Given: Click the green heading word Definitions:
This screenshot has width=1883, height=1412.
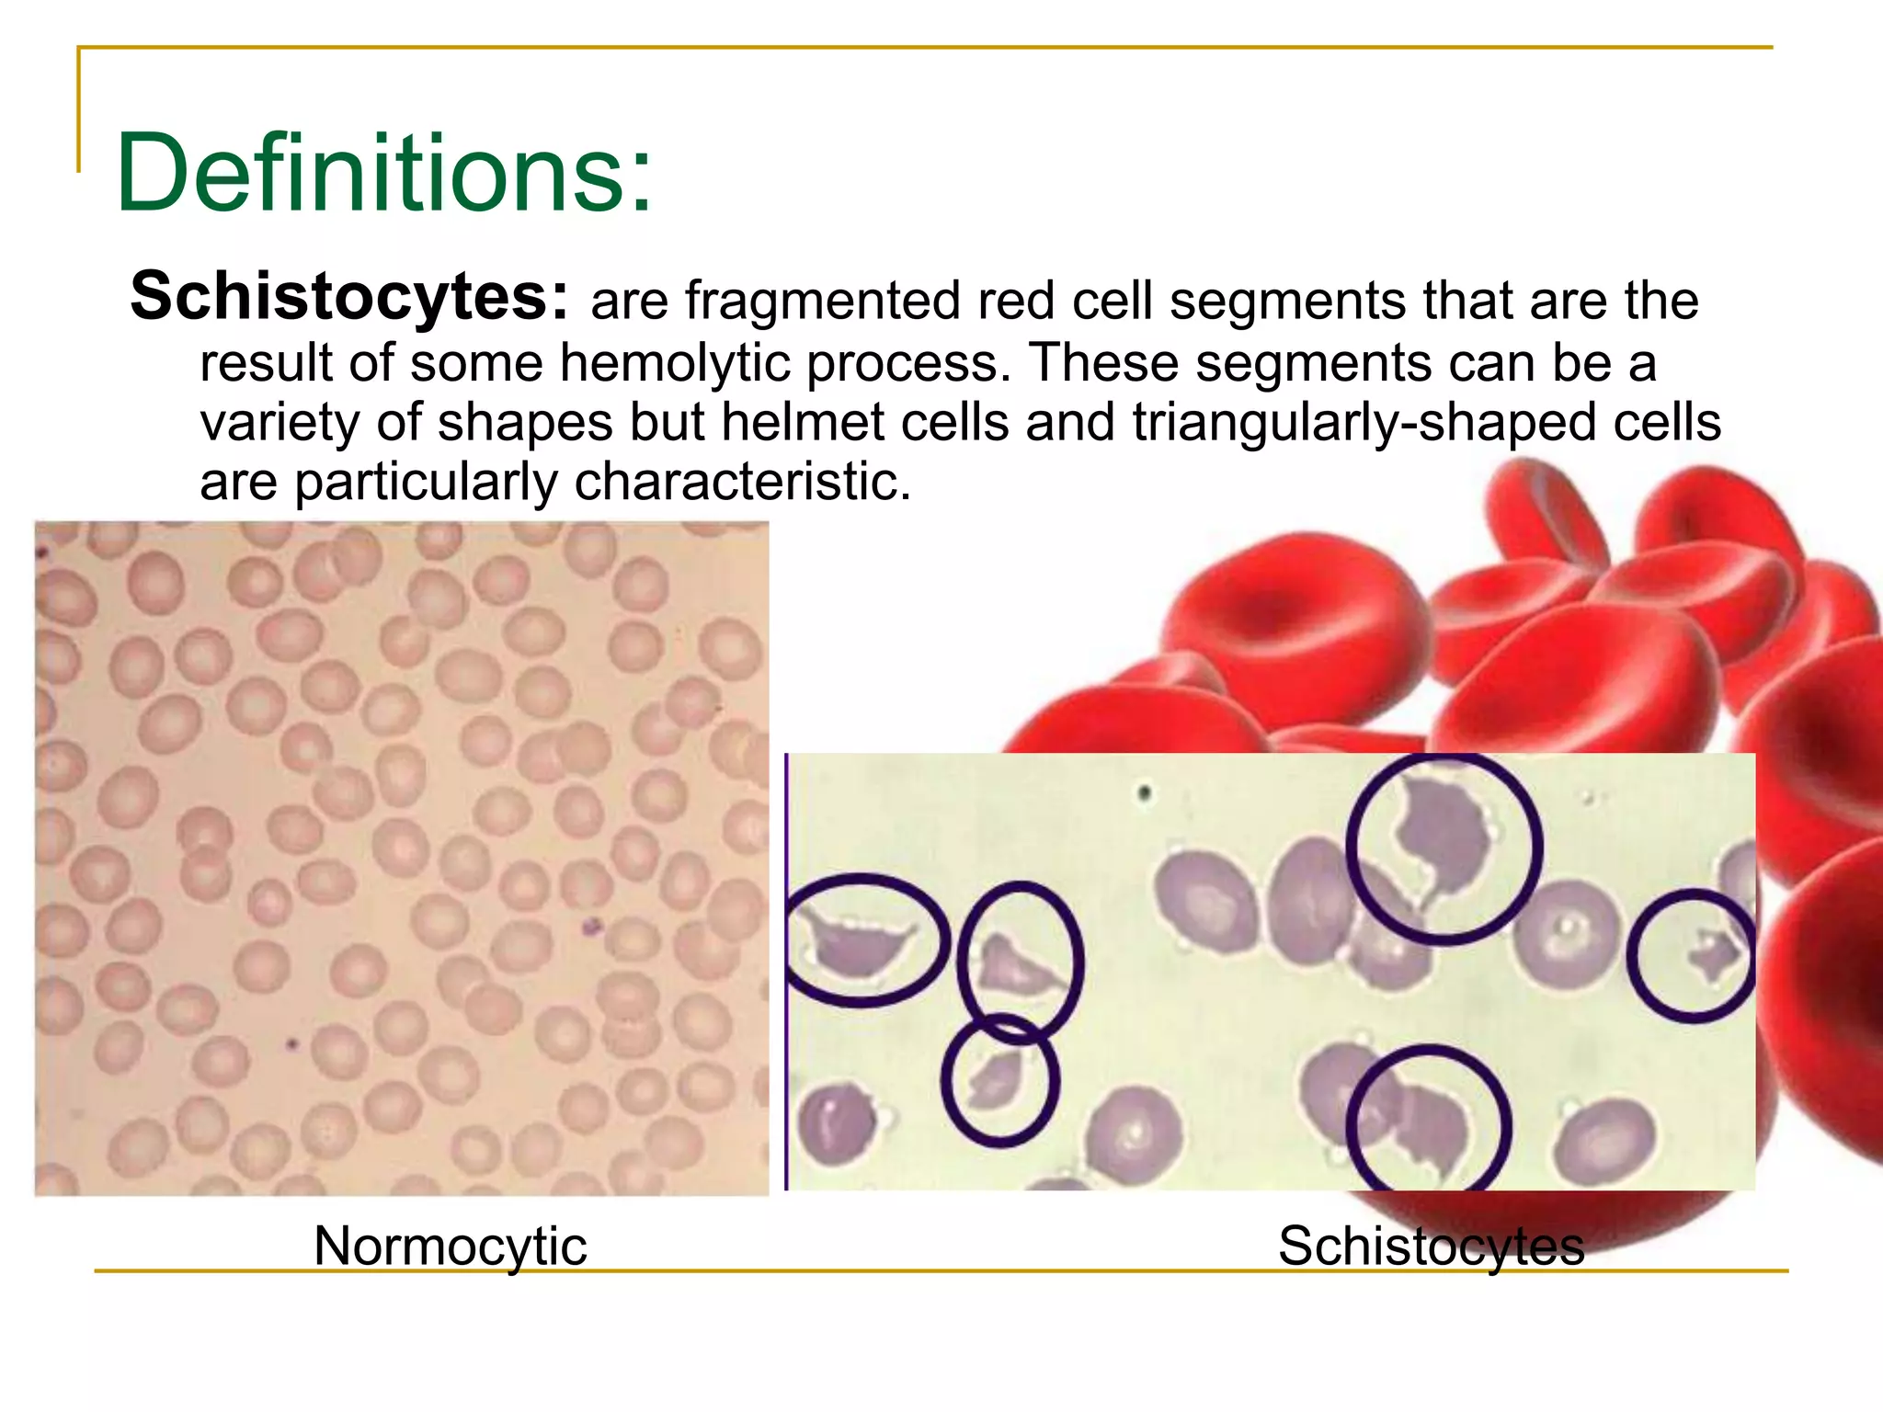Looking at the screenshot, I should [x=383, y=173].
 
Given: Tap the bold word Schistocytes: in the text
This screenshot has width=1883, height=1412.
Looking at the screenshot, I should [x=349, y=297].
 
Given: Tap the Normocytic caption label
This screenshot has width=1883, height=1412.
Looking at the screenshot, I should [x=450, y=1247].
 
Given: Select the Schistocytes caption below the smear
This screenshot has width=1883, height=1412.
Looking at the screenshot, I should [x=1431, y=1247].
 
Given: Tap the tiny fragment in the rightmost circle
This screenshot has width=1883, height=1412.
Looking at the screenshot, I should [x=1712, y=956].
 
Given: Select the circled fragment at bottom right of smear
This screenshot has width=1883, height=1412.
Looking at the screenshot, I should [x=1429, y=1126].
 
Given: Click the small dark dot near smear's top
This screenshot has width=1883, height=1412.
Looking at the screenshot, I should [x=1145, y=791].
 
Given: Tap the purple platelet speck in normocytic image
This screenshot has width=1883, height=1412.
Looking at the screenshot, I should [x=590, y=925].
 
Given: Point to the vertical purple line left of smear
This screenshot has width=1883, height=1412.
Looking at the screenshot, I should [x=786, y=971].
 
